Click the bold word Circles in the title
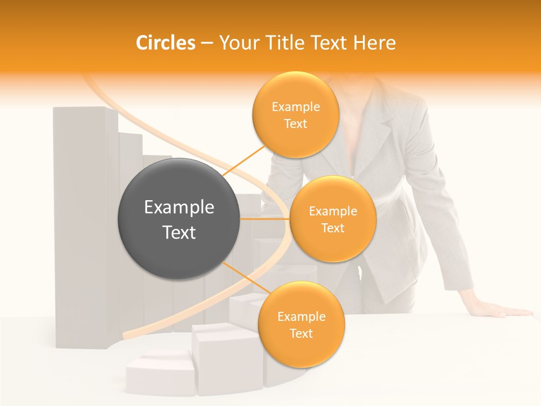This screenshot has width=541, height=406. point(166,43)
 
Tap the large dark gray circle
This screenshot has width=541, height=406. point(179,219)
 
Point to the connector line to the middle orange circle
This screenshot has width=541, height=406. point(265,219)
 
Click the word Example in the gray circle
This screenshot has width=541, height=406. point(179,208)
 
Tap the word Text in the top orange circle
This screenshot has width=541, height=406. point(295,124)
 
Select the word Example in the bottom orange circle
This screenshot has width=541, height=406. point(301,317)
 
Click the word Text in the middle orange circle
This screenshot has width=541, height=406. point(332,228)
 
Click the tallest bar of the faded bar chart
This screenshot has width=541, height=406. point(85,226)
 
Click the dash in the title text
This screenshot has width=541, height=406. point(206,43)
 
